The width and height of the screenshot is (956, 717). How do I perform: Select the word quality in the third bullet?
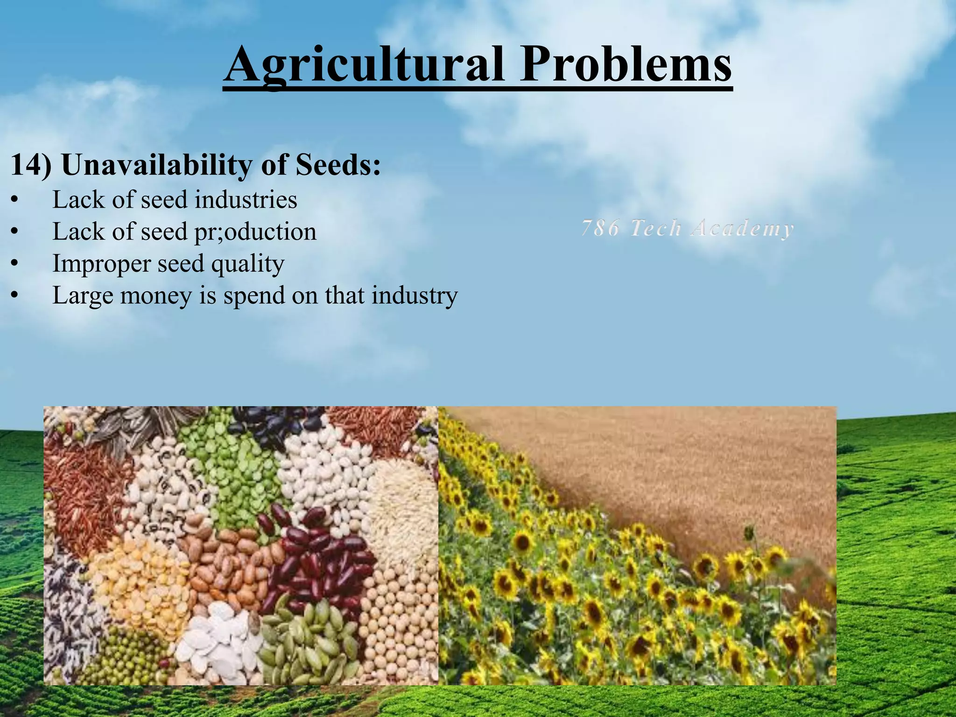click(247, 264)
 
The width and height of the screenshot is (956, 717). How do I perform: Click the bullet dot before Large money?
click(15, 295)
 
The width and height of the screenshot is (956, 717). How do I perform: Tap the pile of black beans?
click(275, 422)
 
